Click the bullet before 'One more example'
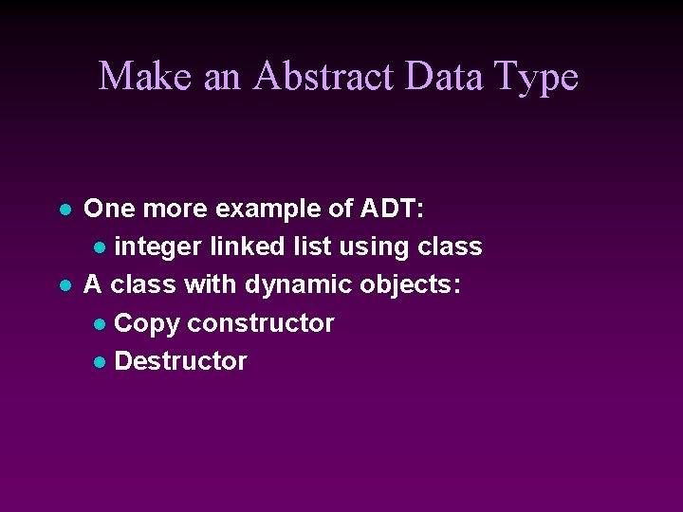(64, 209)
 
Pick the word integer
(157, 247)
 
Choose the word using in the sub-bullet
(375, 247)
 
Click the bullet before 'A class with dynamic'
(64, 285)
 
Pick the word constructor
(260, 323)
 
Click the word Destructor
(180, 361)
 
